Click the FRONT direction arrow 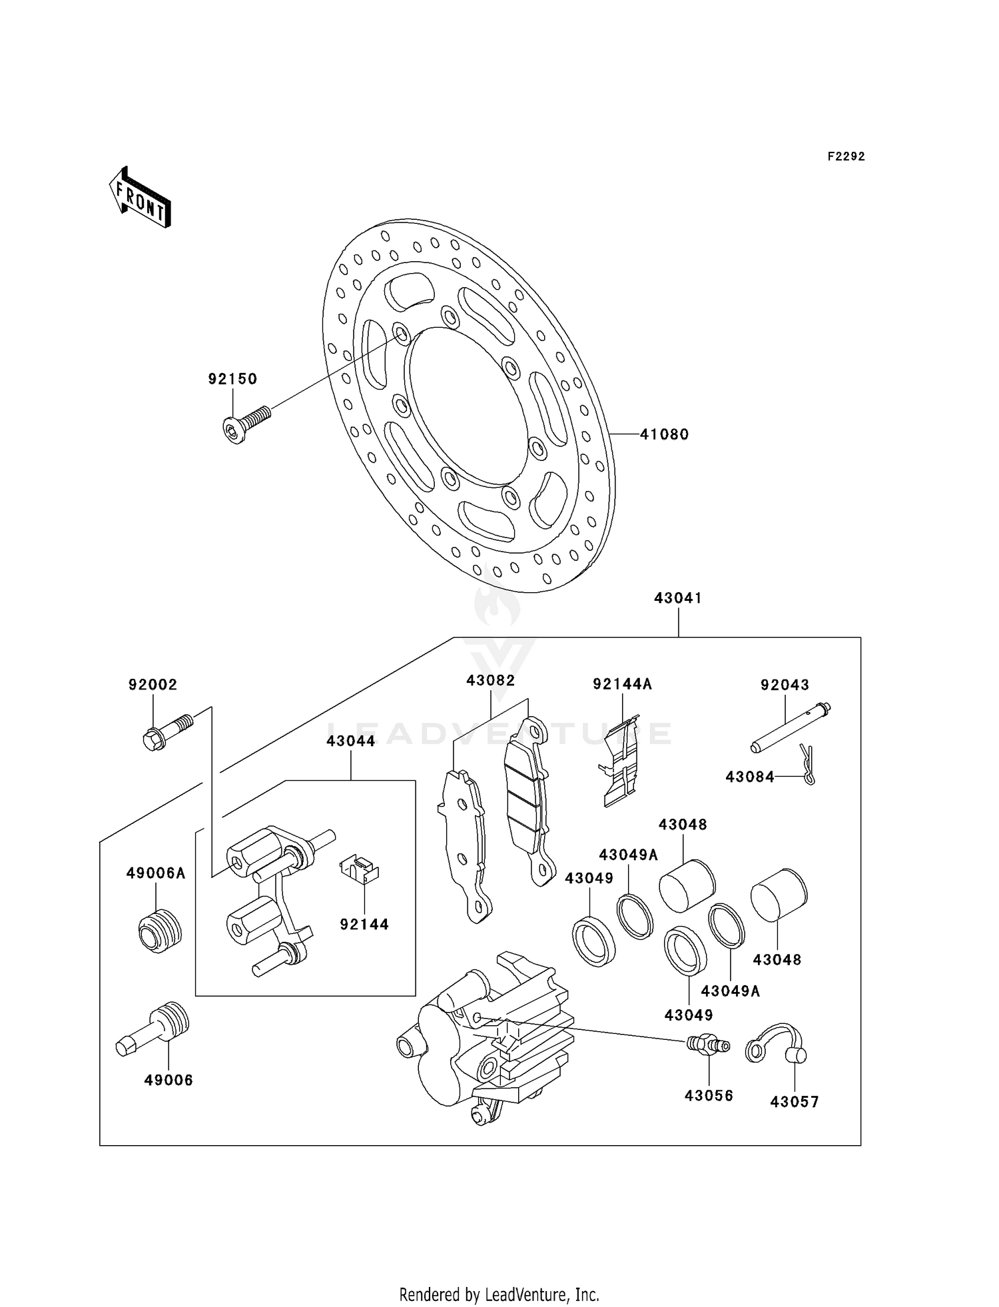141,199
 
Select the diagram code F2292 846,157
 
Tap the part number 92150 232,379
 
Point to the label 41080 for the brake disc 664,434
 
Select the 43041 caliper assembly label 678,598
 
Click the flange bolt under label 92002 166,732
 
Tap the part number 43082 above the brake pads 491,681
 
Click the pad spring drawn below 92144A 621,761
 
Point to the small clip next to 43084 807,764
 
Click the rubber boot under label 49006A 160,930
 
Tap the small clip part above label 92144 360,870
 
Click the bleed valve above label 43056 708,1045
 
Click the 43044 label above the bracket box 350,741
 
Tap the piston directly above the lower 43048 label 779,895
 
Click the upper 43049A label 628,855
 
